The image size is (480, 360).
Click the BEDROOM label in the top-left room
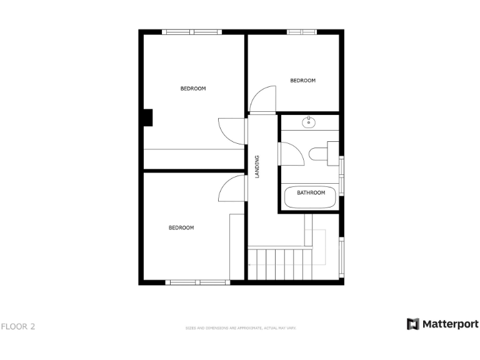(x=193, y=89)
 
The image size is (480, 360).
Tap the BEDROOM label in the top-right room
(x=303, y=81)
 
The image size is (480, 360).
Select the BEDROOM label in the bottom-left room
(x=181, y=228)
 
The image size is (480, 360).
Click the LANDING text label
(x=257, y=167)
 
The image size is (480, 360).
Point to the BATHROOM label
(x=311, y=192)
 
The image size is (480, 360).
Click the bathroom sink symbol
(x=309, y=122)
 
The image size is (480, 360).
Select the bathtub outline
(x=310, y=198)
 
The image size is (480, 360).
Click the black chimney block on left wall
(x=148, y=117)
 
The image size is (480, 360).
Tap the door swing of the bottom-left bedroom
(x=231, y=187)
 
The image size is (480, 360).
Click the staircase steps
(x=279, y=263)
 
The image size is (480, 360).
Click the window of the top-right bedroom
(x=302, y=32)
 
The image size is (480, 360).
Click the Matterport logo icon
(x=413, y=324)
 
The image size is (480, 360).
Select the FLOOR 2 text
(x=18, y=326)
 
